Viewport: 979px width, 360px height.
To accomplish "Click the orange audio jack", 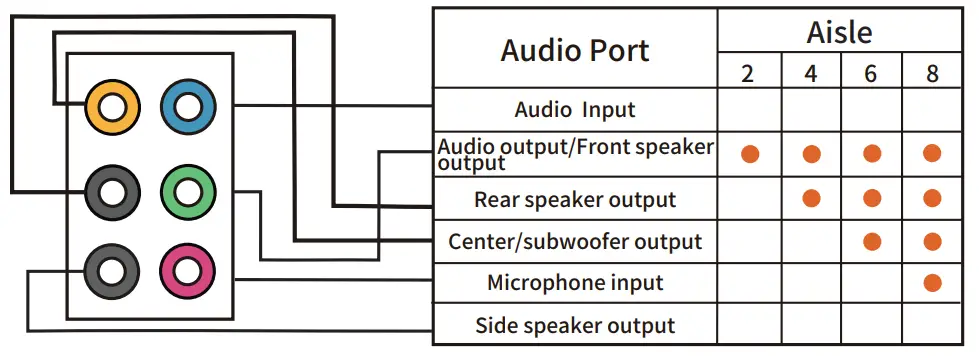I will click(x=110, y=105).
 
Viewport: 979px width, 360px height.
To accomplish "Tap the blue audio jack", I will click(x=187, y=105).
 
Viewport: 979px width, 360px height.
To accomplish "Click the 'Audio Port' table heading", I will click(x=574, y=50).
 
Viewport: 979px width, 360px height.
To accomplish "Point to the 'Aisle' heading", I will click(x=839, y=32).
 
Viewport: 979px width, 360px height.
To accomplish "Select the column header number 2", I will click(x=748, y=74).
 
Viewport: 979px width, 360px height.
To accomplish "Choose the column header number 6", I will click(x=871, y=74).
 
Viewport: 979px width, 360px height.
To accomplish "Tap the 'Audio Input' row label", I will click(x=574, y=109).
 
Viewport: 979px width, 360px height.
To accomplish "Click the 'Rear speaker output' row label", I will click(x=574, y=199).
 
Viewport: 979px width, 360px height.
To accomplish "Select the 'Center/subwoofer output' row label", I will click(x=574, y=242).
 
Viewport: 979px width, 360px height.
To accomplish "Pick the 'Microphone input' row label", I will click(x=574, y=283).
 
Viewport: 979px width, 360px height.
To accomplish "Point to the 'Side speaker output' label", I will click(x=574, y=326).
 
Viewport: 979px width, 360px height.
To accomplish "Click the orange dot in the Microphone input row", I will click(x=932, y=283).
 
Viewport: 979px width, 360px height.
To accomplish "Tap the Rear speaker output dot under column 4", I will click(x=811, y=198).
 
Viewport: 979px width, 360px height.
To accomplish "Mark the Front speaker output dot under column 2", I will click(x=749, y=154).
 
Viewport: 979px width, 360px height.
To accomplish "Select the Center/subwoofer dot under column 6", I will click(x=872, y=241).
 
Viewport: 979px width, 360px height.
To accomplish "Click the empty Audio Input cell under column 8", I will click(x=932, y=109).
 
